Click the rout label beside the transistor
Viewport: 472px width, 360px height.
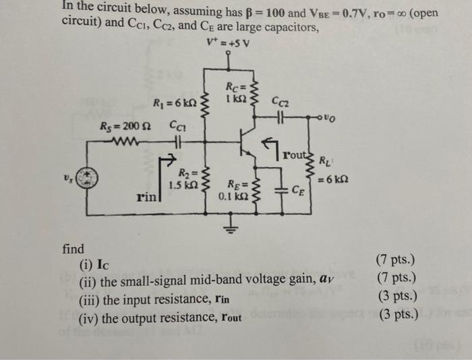point(295,152)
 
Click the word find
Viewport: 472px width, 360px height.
point(73,249)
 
